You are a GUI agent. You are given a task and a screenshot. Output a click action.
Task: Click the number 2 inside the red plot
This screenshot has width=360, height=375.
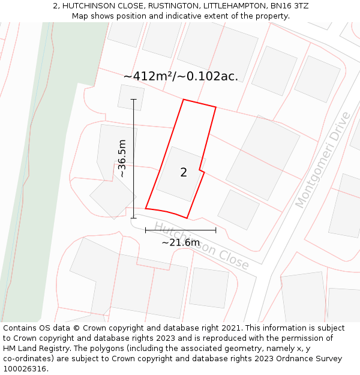tap(184, 173)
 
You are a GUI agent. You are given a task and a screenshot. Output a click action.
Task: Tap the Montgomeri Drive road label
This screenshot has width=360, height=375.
tap(323, 160)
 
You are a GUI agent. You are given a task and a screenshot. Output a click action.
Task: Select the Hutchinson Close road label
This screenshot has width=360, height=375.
tap(201, 245)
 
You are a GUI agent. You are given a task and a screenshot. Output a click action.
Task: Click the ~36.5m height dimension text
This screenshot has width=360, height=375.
tap(122, 158)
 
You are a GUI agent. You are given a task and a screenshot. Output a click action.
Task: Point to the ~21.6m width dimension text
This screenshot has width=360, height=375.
tap(181, 242)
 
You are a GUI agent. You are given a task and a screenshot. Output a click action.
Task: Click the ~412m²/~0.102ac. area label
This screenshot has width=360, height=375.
tap(181, 76)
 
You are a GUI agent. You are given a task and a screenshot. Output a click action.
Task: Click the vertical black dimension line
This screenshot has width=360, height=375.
tap(134, 180)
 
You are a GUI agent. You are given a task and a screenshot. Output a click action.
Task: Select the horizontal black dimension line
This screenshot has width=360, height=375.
tap(180, 230)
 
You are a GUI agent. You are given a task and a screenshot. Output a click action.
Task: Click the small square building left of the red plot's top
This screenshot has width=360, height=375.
tap(131, 98)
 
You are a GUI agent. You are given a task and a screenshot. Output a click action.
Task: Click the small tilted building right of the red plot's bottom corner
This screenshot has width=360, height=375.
tap(238, 209)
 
